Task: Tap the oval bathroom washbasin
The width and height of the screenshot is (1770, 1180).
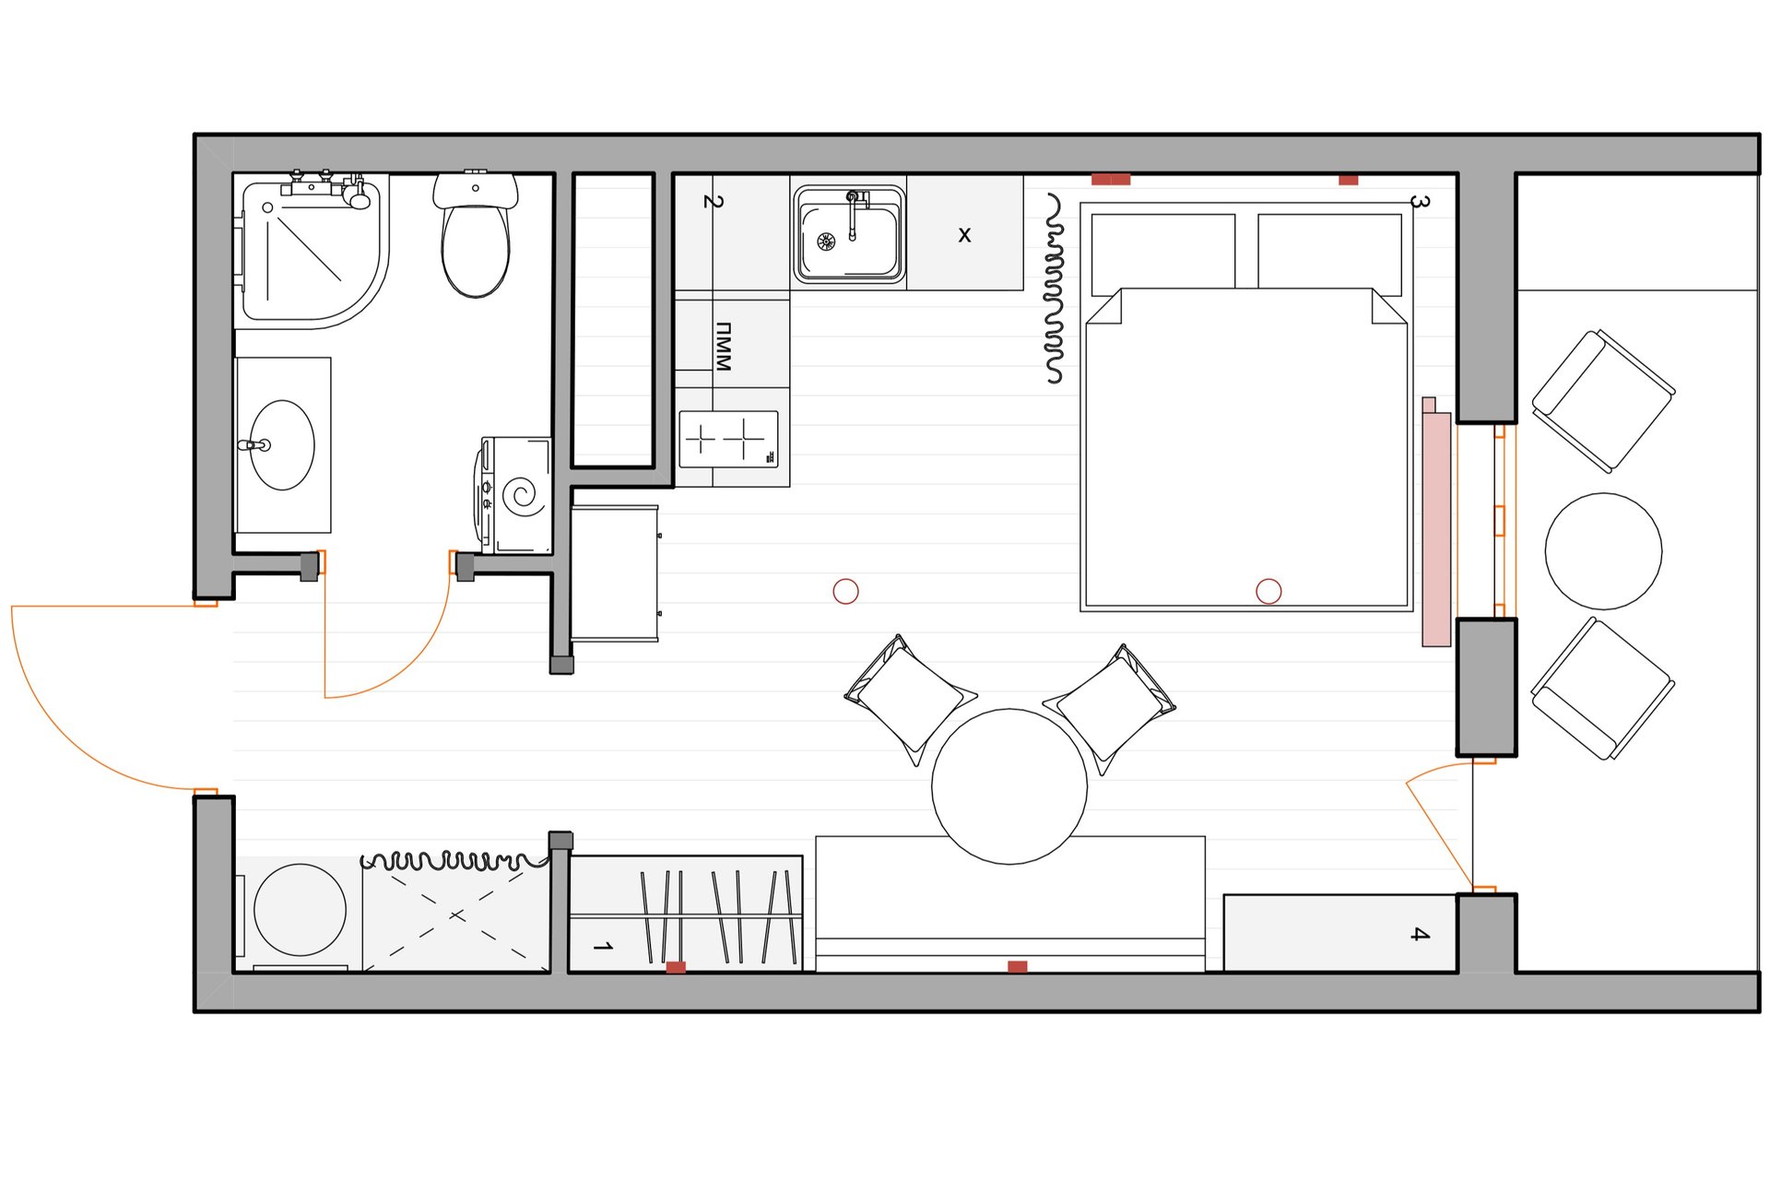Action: point(282,444)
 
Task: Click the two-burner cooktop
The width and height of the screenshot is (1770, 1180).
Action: point(728,440)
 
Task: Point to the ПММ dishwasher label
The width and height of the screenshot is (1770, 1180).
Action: point(723,347)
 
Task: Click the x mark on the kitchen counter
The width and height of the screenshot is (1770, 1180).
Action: point(964,235)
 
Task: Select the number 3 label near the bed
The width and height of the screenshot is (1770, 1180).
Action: point(1420,202)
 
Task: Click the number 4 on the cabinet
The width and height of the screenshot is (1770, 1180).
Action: point(1420,934)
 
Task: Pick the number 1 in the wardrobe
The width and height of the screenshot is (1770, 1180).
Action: point(603,947)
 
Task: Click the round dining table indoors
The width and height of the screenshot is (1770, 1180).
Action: point(1009,786)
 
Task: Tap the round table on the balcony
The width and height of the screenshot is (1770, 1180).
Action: point(1603,551)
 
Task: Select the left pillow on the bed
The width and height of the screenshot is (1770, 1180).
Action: point(1163,254)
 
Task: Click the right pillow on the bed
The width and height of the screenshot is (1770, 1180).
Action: point(1329,254)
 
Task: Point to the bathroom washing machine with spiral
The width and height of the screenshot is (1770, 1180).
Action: point(513,495)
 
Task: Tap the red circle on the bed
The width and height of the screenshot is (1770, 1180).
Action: point(1268,591)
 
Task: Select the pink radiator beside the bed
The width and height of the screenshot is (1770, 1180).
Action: point(1436,523)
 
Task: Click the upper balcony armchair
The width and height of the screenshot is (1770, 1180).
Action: point(1603,401)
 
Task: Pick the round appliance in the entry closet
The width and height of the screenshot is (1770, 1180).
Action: point(300,910)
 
